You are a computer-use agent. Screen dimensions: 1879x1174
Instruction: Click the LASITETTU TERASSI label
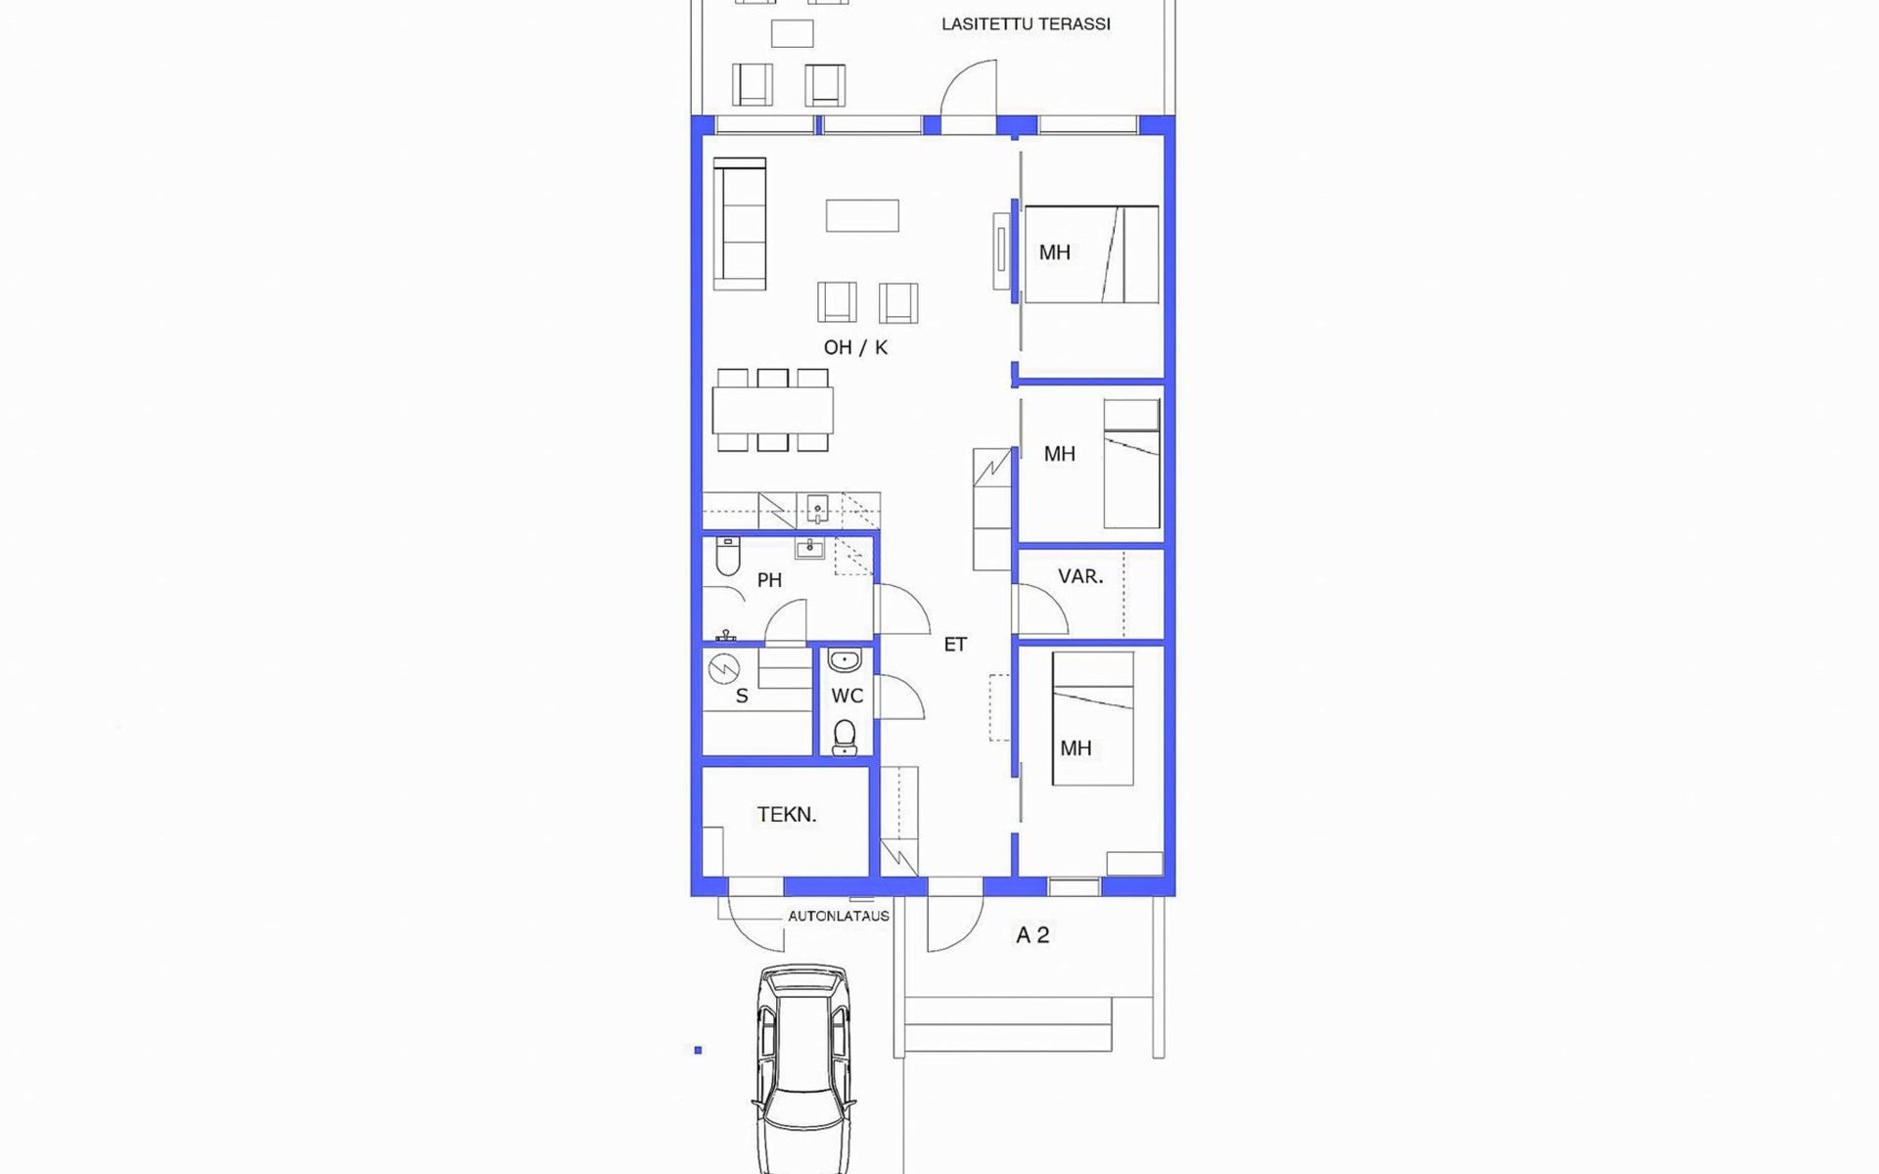point(1026,24)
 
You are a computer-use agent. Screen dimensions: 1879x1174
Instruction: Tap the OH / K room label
point(855,347)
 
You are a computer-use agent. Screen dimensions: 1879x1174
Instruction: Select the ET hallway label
point(955,644)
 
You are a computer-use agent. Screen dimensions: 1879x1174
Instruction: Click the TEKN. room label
point(786,814)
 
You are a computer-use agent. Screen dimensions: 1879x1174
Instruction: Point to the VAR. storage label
point(1080,577)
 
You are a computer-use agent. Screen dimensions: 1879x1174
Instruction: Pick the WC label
point(848,696)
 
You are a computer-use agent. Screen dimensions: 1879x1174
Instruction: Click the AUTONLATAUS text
point(839,917)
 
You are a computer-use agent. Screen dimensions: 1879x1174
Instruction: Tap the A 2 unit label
point(1032,935)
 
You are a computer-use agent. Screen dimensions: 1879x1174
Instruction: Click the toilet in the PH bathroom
point(728,556)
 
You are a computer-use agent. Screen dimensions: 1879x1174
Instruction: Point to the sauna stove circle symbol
point(724,669)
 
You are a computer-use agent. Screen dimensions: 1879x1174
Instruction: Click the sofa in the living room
point(739,224)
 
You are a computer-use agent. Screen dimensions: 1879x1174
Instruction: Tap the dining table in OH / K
point(772,411)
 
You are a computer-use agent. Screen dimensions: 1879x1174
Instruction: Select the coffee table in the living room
point(862,215)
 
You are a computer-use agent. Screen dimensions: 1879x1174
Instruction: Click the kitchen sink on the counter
point(818,510)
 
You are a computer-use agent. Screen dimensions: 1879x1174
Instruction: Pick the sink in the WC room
point(845,661)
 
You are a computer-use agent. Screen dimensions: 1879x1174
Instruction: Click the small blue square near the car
point(698,1051)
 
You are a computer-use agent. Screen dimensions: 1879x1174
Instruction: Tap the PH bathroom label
point(769,580)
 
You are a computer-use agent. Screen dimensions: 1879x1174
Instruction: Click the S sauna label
point(742,697)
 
